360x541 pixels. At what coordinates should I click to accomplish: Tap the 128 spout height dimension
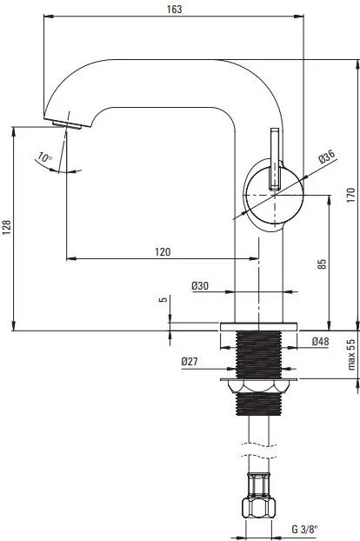[x=7, y=227]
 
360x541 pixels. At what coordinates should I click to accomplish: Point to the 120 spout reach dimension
[x=162, y=251]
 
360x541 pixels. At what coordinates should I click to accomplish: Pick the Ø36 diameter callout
[x=326, y=157]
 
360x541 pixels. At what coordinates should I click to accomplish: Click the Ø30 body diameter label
[x=199, y=285]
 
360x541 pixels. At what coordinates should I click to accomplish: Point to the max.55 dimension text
[x=350, y=355]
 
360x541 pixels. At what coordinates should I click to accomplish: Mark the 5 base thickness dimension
[x=163, y=300]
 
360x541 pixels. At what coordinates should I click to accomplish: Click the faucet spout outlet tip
[x=65, y=123]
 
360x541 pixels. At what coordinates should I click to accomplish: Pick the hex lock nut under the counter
[x=259, y=386]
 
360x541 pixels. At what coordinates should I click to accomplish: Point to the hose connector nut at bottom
[x=259, y=509]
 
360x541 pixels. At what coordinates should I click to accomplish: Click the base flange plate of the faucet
[x=259, y=326]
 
